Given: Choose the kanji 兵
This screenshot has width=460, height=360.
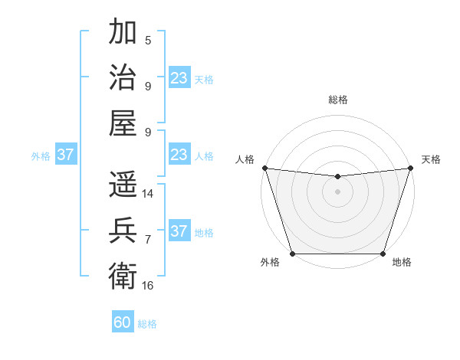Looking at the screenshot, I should [123, 229].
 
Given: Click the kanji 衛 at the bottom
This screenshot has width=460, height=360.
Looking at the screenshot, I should [123, 273].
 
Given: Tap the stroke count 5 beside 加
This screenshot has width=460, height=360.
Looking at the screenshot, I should [148, 41].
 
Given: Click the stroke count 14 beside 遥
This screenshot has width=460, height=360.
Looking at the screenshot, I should [148, 194].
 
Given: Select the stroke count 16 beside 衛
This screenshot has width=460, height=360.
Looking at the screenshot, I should [148, 286].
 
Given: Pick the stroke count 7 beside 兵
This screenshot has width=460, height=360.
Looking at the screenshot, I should [148, 240].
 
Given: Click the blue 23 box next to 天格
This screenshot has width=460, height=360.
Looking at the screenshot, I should [179, 77].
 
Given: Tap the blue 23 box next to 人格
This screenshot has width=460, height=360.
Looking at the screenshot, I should [179, 155].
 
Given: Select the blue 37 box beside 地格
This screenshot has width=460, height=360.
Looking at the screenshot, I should [179, 231].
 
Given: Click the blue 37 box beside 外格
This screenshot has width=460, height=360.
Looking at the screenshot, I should [65, 155].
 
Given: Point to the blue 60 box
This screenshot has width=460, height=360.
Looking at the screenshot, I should [123, 322].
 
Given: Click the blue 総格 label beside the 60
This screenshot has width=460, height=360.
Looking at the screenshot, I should [147, 324].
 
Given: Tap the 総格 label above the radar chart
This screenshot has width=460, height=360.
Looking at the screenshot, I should [337, 100].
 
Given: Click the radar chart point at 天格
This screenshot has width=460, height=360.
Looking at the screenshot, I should [411, 168].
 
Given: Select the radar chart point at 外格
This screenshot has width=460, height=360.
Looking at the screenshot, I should [292, 254].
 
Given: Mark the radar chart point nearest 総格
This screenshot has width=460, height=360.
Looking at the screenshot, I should [337, 177].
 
